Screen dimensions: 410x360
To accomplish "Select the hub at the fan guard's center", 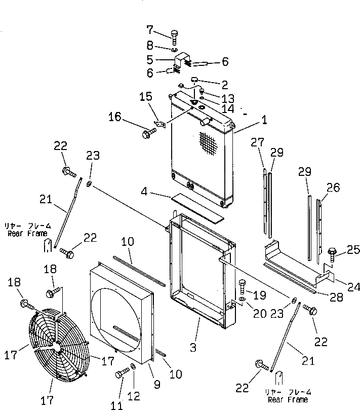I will (59, 348).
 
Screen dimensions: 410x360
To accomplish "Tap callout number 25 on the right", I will (353, 249).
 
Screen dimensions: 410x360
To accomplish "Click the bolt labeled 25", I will (333, 252).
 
